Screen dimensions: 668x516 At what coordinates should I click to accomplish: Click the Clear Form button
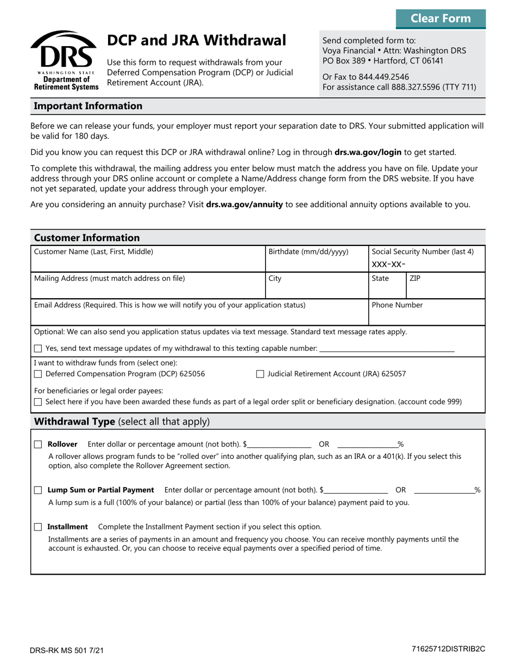441,18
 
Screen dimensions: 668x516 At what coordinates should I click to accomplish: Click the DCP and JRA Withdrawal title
196,40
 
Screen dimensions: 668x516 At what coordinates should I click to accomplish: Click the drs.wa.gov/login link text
367,153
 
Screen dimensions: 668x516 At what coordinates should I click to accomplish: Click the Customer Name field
147,263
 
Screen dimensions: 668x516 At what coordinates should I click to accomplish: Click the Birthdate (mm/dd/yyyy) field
317,263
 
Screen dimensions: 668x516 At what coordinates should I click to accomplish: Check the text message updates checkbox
37,348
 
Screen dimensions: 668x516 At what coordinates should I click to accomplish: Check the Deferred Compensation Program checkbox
37,374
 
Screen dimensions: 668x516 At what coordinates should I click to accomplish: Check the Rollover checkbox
37,444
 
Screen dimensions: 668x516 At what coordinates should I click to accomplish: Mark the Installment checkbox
37,527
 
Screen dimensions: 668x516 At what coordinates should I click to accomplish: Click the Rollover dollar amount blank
280,444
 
